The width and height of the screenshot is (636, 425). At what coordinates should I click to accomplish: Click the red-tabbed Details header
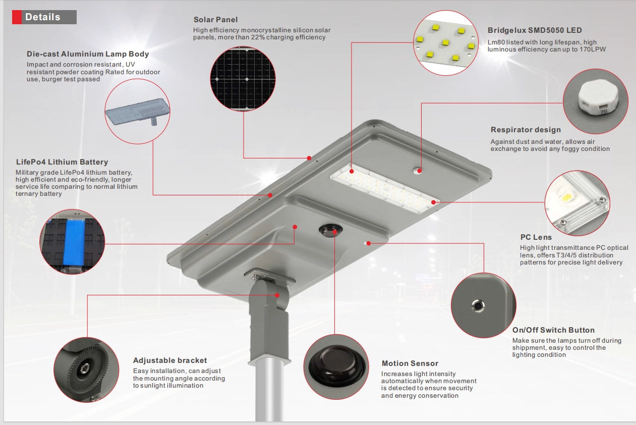click(x=43, y=17)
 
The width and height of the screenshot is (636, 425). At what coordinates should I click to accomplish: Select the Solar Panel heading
click(x=215, y=20)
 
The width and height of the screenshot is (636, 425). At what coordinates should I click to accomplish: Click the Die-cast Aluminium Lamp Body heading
click(x=88, y=54)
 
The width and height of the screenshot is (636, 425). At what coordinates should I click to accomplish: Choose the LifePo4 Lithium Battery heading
click(x=62, y=162)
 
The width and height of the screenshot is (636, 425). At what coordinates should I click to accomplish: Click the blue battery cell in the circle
click(x=74, y=242)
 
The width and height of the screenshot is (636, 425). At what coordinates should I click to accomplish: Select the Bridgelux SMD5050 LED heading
click(x=535, y=30)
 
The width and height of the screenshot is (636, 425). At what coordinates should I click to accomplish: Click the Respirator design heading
click(x=526, y=130)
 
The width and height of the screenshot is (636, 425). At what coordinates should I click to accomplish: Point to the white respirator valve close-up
click(x=595, y=100)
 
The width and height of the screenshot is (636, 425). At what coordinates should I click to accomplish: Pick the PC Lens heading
click(x=536, y=237)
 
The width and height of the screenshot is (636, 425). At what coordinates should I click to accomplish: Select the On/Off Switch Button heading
click(x=553, y=330)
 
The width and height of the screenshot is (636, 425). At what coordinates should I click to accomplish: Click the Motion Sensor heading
click(x=410, y=363)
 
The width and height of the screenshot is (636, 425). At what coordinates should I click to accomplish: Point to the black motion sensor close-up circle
click(x=335, y=367)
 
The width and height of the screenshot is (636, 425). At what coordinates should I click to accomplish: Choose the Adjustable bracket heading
click(x=170, y=360)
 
